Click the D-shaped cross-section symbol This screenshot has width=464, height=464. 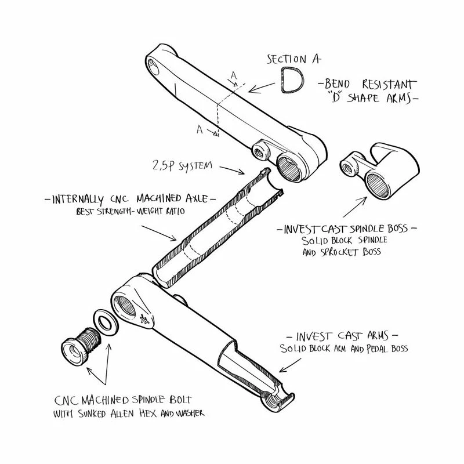(291, 80)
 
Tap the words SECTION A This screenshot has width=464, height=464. (293, 59)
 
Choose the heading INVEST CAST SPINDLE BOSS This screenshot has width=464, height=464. (348, 229)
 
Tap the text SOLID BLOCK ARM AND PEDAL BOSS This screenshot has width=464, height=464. (344, 349)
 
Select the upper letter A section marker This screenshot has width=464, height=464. (234, 76)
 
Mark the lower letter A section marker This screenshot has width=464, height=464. (200, 130)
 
